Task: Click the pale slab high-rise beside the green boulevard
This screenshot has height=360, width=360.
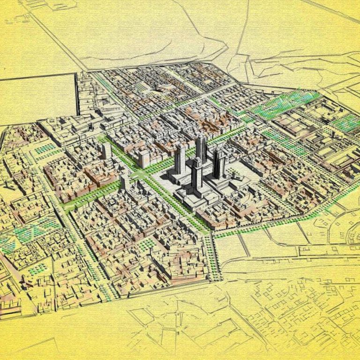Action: tap(144, 158)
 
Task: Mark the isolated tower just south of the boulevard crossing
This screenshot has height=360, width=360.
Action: tap(125, 182)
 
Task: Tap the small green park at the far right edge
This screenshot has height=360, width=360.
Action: tap(347, 123)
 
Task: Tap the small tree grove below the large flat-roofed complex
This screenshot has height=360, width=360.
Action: tap(45, 149)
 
